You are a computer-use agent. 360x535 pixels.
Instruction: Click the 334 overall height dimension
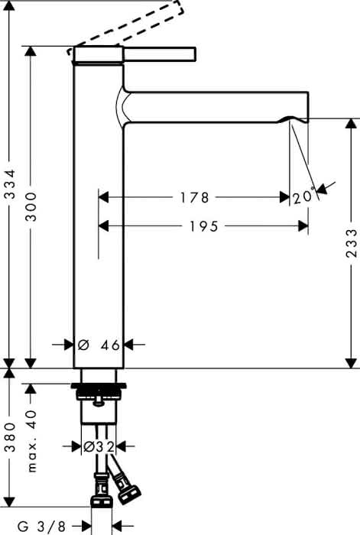11,184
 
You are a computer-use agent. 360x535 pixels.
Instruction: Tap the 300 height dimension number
31,207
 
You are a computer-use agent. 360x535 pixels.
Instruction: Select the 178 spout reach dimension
194,197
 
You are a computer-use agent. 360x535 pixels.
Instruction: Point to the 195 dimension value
204,226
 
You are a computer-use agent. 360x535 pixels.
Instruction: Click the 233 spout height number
352,243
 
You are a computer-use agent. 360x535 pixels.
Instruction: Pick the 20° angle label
303,196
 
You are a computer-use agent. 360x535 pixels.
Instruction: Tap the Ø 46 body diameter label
99,345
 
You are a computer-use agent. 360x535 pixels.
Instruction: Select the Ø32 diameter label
99,446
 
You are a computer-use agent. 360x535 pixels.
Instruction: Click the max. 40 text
32,441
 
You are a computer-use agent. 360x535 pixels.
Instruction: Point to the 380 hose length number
11,437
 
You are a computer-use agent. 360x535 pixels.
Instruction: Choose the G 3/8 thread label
41,527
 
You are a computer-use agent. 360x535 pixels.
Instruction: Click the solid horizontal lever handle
159,54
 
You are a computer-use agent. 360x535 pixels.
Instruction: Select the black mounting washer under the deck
99,386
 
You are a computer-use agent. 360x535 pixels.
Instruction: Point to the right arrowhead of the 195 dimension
303,226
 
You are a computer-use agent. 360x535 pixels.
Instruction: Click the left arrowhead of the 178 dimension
104,197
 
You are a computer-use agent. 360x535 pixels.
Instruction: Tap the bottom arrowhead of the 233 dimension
351,363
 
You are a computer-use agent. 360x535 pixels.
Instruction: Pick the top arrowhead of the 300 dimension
31,51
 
